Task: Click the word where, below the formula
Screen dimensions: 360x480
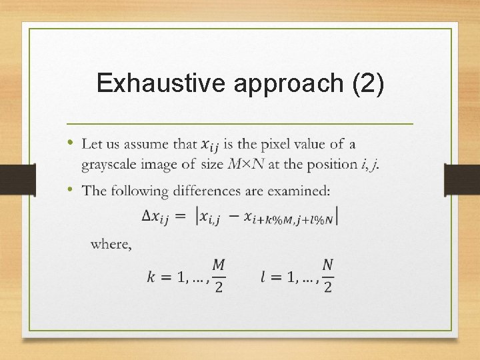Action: (111, 244)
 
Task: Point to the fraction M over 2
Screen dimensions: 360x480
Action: (219, 275)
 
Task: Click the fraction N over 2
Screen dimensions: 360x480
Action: (327, 275)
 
